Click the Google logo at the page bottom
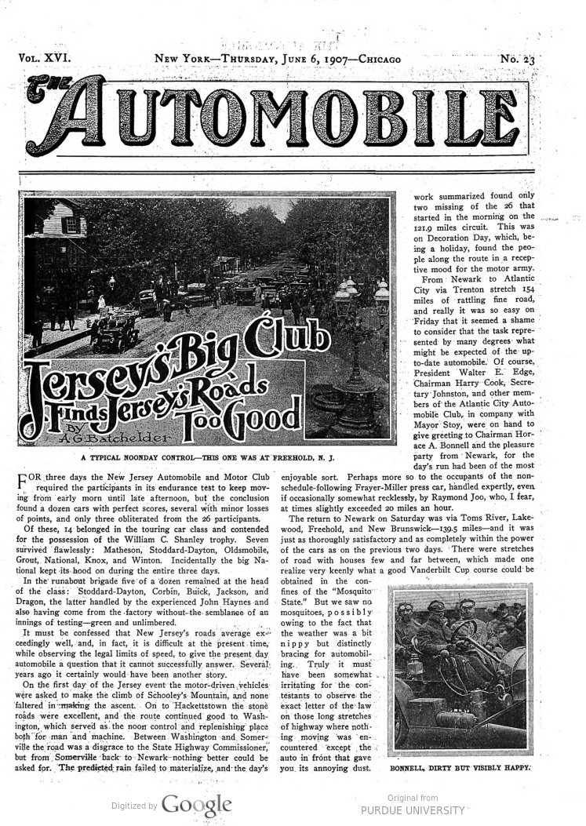pyautogui.click(x=196, y=803)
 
